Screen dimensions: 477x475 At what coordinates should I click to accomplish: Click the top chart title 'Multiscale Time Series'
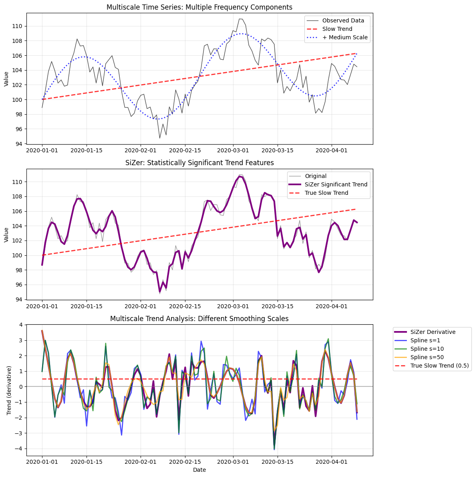pyautogui.click(x=199, y=7)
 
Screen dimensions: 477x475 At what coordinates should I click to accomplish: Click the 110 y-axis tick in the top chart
pyautogui.click(x=19, y=26)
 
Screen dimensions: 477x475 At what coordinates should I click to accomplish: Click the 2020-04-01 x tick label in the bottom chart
pyautogui.click(x=332, y=462)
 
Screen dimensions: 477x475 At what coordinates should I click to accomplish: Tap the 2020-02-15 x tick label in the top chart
pyautogui.click(x=185, y=150)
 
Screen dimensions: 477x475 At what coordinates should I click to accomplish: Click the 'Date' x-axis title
pyautogui.click(x=199, y=470)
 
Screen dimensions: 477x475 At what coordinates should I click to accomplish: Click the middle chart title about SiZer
pyautogui.click(x=199, y=163)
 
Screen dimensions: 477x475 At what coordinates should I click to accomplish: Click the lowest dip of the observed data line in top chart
pyautogui.click(x=160, y=138)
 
